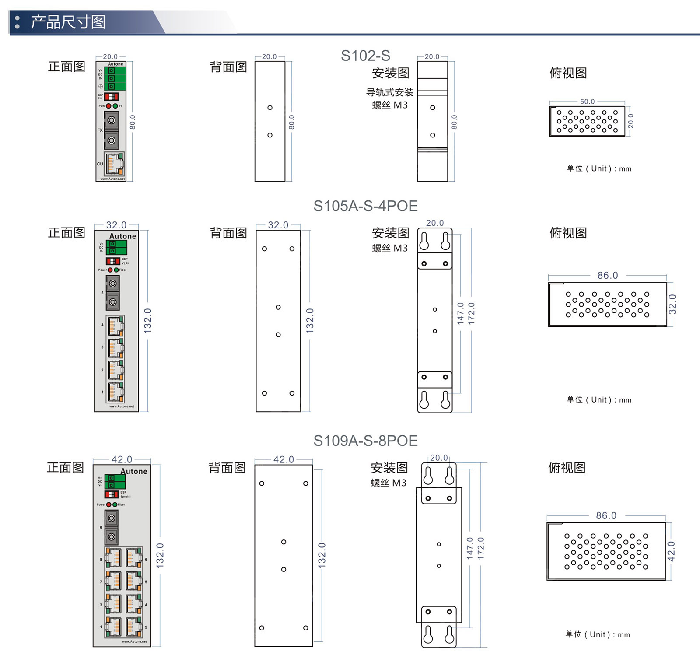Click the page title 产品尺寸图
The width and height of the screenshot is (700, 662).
tap(68, 22)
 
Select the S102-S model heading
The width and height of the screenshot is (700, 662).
tap(365, 56)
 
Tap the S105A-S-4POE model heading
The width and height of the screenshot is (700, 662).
tap(365, 206)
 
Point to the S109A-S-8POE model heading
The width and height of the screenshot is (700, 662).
tap(365, 441)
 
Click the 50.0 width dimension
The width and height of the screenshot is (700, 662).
tap(587, 102)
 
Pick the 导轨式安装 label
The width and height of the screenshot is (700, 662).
tap(389, 92)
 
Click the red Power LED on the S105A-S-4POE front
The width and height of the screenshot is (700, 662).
tap(110, 270)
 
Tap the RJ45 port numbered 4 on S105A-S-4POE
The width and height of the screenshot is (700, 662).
tap(115, 326)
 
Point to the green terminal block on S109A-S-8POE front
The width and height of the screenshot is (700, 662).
tap(115, 482)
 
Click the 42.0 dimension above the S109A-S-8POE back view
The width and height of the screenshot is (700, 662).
tap(283, 459)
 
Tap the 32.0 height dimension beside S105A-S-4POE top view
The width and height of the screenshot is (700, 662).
tap(672, 304)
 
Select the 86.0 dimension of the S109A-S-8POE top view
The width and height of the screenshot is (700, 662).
tap(606, 515)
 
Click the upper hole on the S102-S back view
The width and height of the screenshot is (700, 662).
tap(270, 108)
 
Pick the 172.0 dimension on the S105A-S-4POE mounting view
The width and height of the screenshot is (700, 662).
tap(471, 313)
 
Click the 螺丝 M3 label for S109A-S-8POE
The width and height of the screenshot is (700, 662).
tap(388, 483)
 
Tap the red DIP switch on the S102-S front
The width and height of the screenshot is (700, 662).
tap(111, 96)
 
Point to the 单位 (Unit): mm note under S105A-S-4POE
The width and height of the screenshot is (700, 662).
tap(599, 399)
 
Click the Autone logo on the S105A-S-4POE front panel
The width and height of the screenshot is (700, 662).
tap(122, 236)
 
